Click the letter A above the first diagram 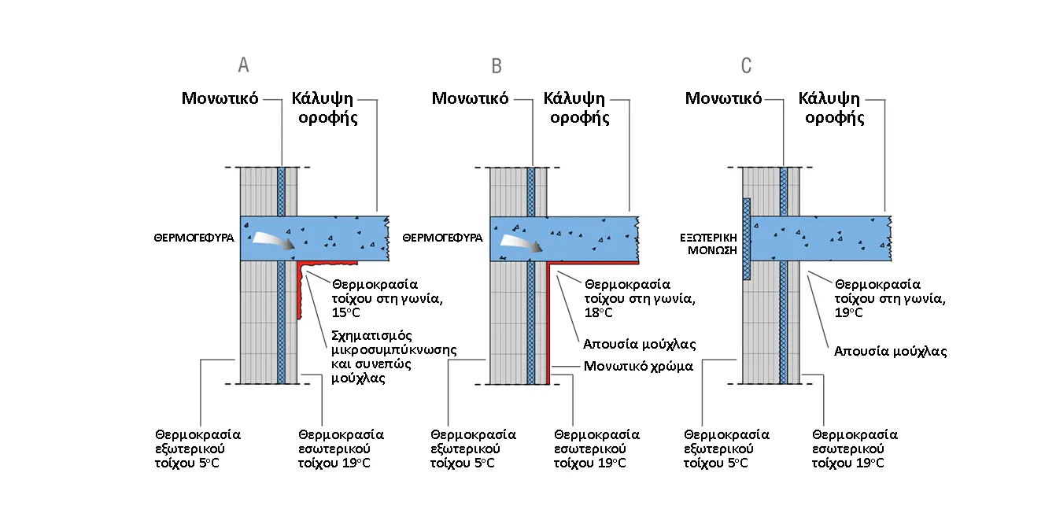click(243, 65)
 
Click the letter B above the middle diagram click(497, 65)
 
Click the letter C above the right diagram click(746, 65)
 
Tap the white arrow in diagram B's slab click(521, 242)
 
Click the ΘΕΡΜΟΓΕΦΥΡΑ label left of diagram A click(194, 238)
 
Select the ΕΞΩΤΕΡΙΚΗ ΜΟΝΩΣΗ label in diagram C click(708, 244)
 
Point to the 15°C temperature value click(346, 312)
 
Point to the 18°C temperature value click(599, 312)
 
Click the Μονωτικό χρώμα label click(638, 367)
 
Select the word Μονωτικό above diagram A click(220, 98)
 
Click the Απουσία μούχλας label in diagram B click(639, 344)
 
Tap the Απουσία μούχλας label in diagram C click(890, 352)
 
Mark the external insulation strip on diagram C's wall click(746, 239)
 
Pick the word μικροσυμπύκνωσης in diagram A click(394, 350)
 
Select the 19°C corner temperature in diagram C click(848, 312)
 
